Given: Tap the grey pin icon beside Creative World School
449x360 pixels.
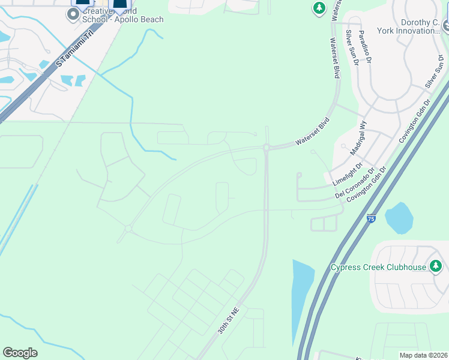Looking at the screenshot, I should click(73, 14).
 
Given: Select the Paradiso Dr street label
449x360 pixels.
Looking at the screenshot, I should click(366, 47).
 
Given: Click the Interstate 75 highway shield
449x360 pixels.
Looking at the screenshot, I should click(371, 220).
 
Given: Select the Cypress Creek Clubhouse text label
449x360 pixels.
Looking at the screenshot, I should click(378, 267).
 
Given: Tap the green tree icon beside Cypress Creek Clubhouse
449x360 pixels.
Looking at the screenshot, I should click(436, 266).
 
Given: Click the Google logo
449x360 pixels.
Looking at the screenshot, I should click(20, 353).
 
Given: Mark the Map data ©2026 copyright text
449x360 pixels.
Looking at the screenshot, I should click(423, 355).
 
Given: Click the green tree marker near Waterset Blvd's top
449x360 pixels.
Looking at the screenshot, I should click(319, 8).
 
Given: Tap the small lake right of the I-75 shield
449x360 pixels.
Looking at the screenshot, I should click(399, 217).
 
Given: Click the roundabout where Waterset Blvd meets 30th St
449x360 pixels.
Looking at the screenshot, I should click(265, 147).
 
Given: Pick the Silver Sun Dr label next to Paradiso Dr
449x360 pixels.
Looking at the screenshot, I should click(351, 48).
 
